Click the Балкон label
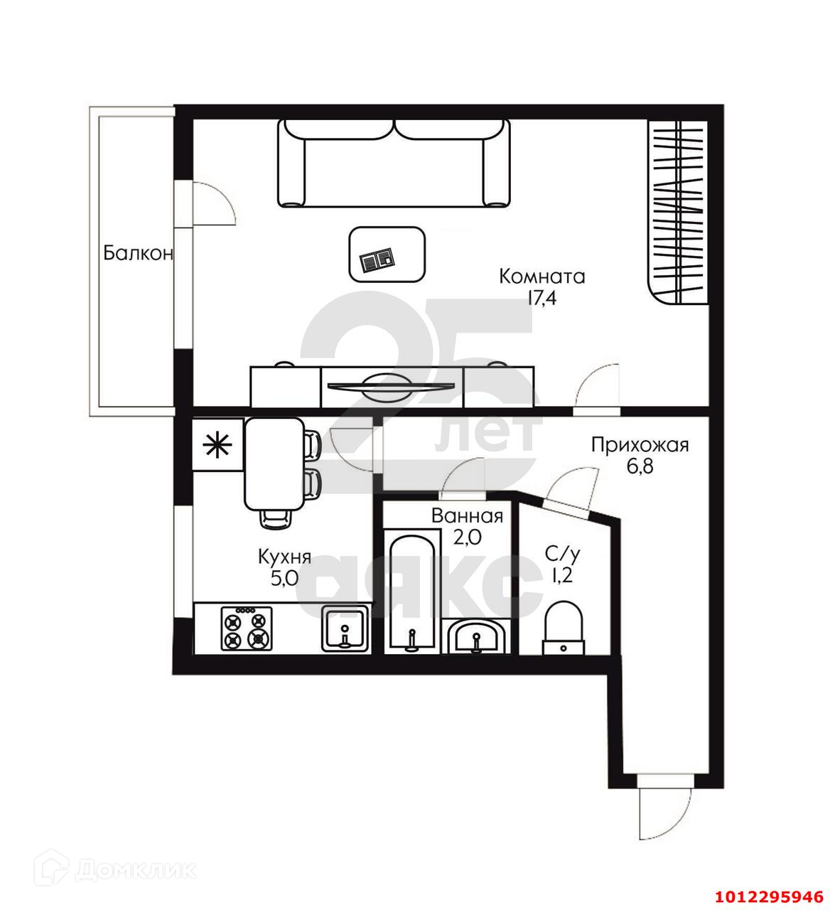click(139, 252)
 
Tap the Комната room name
click(542, 277)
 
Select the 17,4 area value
click(542, 299)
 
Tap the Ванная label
click(467, 516)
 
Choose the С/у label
click(562, 555)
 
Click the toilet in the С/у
click(564, 628)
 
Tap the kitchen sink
click(345, 628)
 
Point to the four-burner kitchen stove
click(247, 628)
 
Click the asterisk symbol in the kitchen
click(217, 445)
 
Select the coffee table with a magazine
click(387, 255)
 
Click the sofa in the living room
click(394, 164)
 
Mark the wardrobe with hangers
click(678, 212)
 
